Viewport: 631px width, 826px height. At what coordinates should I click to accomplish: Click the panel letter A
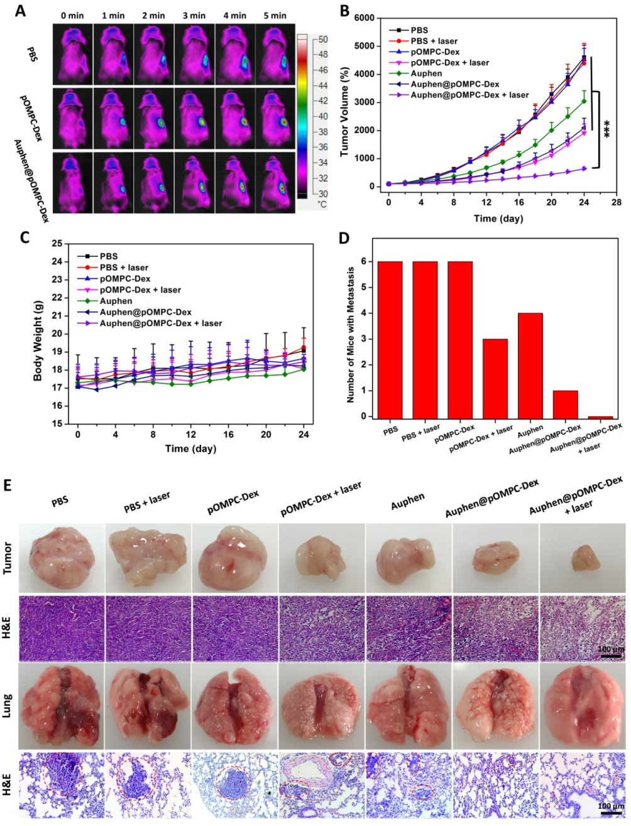click(21, 11)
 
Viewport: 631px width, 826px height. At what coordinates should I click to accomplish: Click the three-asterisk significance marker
click(607, 129)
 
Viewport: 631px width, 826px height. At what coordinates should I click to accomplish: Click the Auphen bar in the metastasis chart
click(530, 364)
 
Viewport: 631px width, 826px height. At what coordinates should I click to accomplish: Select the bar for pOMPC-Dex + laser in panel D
click(495, 378)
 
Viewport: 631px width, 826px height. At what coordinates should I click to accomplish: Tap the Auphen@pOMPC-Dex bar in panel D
click(565, 403)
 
